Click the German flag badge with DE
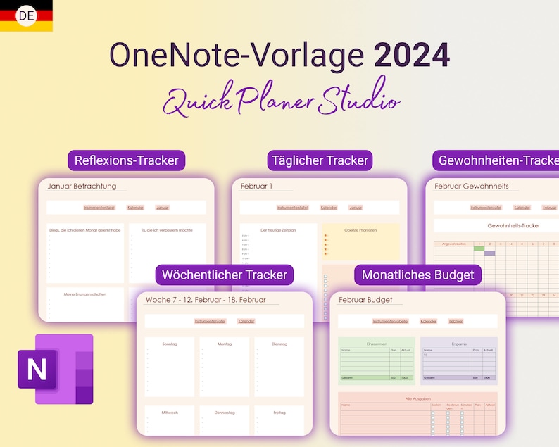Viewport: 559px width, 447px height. (25, 15)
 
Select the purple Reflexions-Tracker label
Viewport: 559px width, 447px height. (127, 160)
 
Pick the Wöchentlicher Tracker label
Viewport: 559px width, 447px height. (225, 275)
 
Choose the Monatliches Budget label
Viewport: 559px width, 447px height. (418, 275)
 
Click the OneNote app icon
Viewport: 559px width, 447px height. (55, 370)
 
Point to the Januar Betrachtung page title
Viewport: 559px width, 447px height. (82, 187)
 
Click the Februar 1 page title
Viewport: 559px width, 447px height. (256, 187)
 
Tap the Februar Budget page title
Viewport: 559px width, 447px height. (365, 300)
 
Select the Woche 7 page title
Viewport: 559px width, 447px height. (205, 300)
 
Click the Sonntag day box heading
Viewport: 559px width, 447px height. (170, 344)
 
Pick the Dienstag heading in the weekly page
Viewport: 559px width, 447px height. (279, 344)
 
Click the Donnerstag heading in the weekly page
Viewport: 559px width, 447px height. (225, 412)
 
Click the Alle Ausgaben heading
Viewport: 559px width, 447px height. (418, 398)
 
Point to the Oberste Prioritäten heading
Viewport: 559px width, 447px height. (360, 230)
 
